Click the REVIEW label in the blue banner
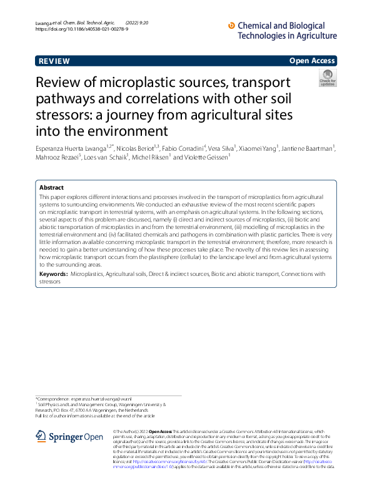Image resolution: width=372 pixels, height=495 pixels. pos(54,61)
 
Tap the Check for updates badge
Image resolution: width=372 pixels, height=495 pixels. pos(327,78)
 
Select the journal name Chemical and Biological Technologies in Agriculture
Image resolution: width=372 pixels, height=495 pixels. pos(287,31)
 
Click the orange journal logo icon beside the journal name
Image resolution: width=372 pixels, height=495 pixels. pos(232,26)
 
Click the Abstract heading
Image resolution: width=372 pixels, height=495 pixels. pos(51,188)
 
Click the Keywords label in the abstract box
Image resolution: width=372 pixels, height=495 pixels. pos(53,274)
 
